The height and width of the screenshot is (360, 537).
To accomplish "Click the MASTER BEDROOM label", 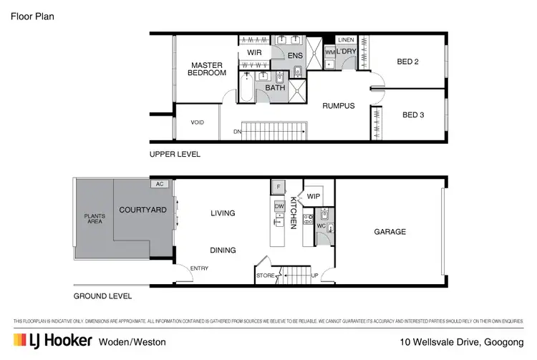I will (x=208, y=69).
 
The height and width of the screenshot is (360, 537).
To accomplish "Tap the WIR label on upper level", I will (x=254, y=53).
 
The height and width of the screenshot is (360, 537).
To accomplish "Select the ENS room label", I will (x=295, y=55).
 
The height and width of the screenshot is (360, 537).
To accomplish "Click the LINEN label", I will (x=346, y=39).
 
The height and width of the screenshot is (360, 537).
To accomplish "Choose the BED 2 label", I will (x=407, y=62).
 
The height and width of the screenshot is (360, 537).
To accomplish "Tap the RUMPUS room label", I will (x=338, y=106).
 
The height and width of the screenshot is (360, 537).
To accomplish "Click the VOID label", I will (x=197, y=122).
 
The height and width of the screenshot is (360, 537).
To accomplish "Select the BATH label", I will (x=275, y=88).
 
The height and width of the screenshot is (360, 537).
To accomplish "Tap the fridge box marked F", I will (x=277, y=188).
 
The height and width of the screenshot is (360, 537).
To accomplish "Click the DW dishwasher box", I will (x=279, y=205).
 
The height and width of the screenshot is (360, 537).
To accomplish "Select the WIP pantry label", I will (x=314, y=195).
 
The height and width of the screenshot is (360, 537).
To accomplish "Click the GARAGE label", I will (x=390, y=232).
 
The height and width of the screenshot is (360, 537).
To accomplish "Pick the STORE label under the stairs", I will (x=265, y=274).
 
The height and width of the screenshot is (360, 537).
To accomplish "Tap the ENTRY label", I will (x=200, y=268).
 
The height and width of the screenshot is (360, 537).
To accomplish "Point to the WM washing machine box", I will (x=329, y=52).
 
